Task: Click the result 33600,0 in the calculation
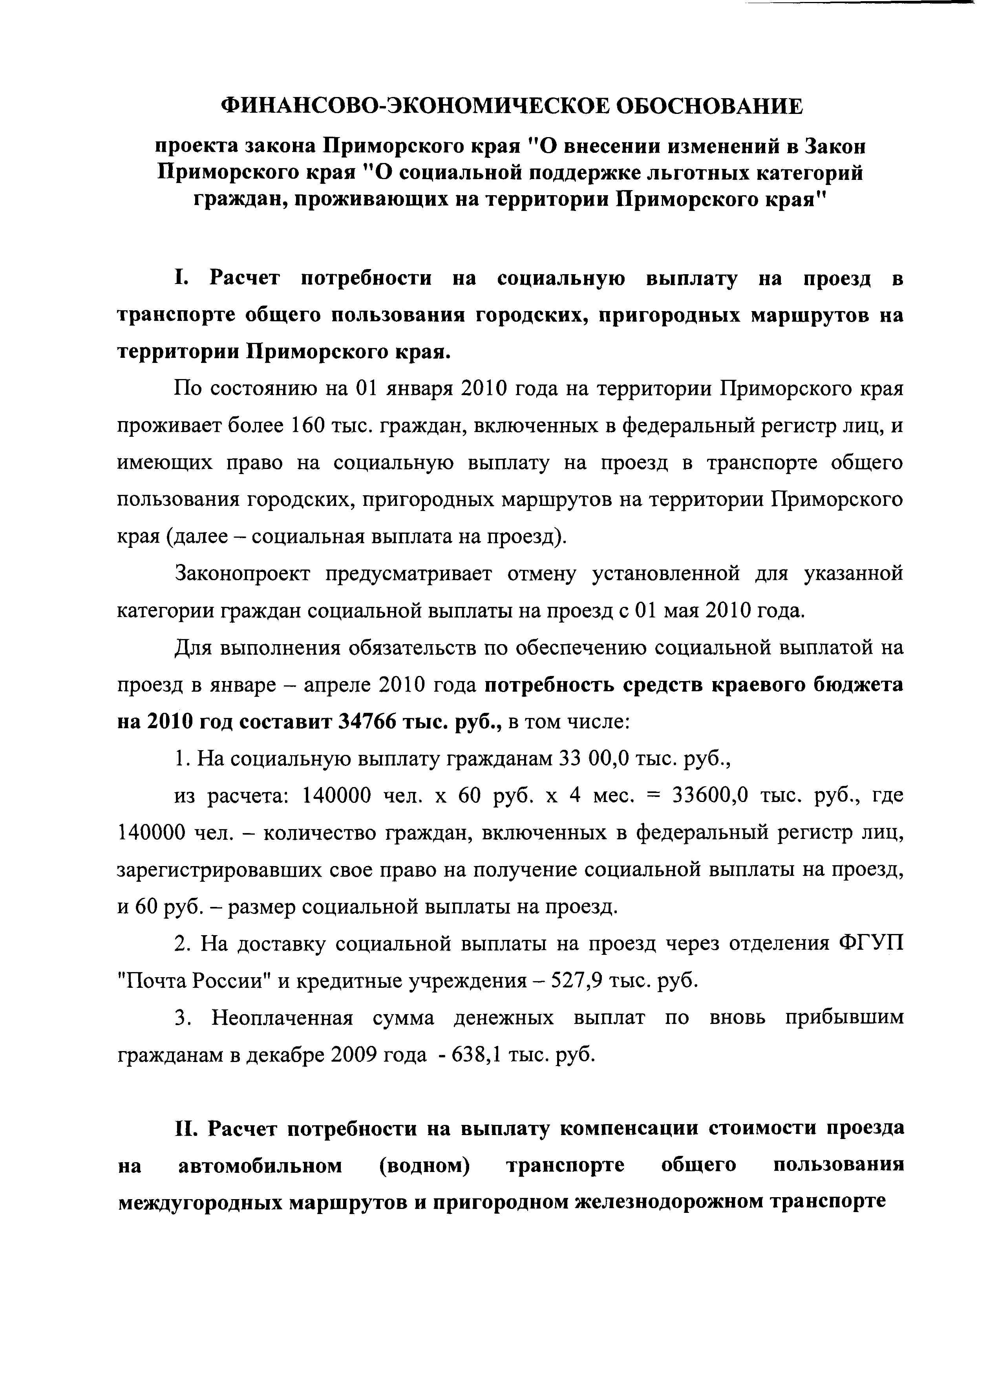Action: click(710, 795)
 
